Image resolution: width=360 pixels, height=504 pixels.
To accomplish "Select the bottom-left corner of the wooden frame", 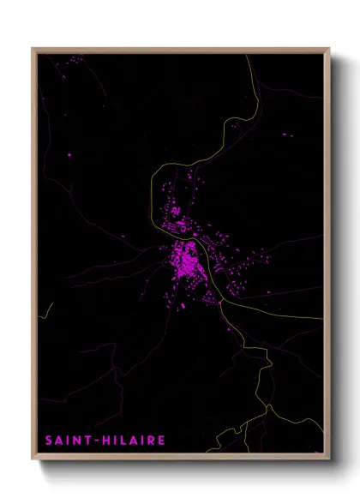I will [x=33, y=459].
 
